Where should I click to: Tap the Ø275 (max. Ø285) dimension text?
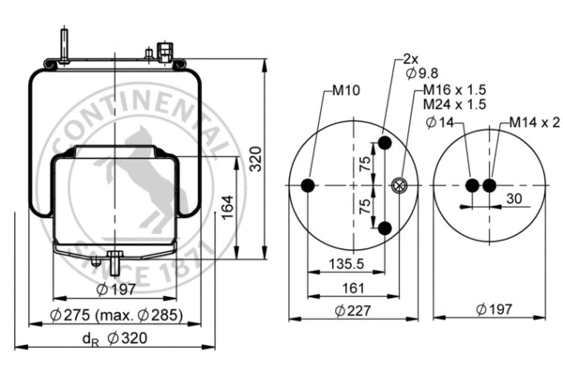[116, 315]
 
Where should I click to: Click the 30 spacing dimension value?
[513, 198]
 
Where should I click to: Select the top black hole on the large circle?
[384, 145]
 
